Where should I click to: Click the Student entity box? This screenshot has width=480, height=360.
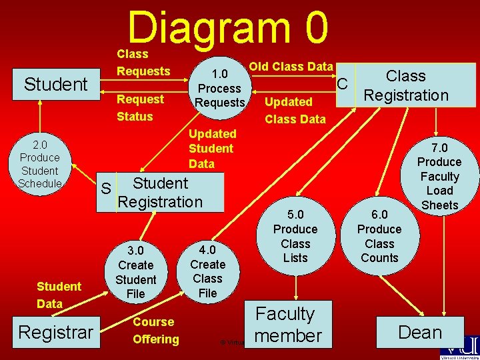point(55,85)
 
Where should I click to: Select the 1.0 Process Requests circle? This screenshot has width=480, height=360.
point(220,87)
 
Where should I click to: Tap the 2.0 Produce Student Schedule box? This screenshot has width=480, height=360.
point(39,164)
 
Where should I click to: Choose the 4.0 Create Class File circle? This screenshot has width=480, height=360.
point(207,270)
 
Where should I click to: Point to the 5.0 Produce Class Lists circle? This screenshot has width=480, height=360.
point(295,236)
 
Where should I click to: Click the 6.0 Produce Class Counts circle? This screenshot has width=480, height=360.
point(379,236)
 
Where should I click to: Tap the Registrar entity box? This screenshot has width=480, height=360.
point(55,331)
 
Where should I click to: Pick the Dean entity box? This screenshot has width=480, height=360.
point(420,331)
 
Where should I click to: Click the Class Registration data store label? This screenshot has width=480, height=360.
point(406,85)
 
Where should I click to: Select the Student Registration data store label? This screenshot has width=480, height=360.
point(160,192)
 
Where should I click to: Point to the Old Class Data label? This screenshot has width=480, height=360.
point(291,66)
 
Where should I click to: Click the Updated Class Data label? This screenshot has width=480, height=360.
point(295,111)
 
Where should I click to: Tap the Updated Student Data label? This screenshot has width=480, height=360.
point(212,149)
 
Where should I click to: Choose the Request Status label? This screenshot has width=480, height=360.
point(140,108)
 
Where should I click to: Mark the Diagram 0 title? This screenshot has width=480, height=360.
point(228,28)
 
